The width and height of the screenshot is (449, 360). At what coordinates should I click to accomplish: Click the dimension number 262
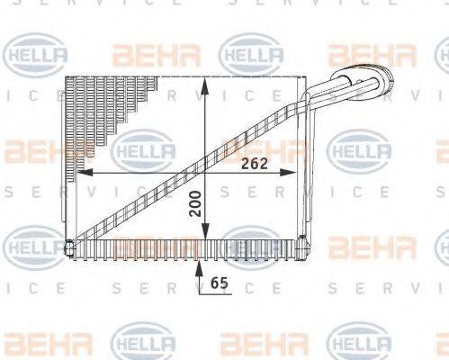click(x=254, y=162)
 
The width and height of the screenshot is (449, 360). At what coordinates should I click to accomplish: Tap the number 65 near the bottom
click(x=219, y=282)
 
